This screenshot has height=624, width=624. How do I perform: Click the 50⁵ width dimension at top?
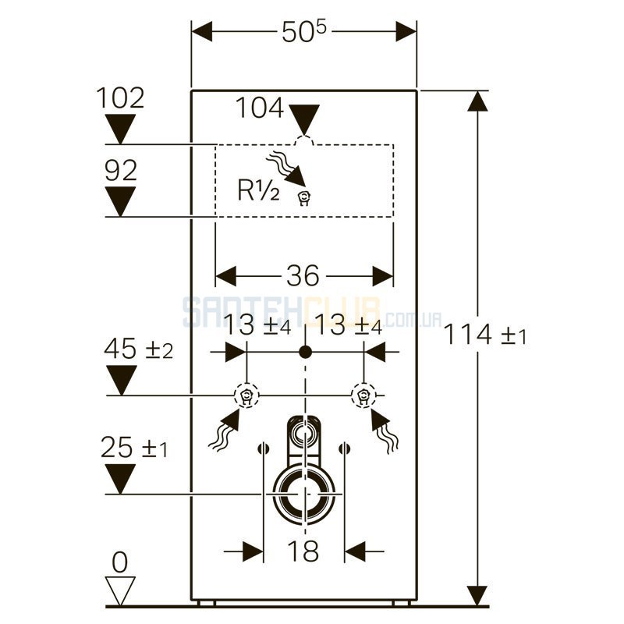click(x=303, y=31)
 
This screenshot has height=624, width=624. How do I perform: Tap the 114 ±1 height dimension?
click(x=484, y=335)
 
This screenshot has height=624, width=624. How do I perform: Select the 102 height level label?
click(x=120, y=98)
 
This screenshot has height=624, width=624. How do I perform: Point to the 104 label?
click(x=260, y=108)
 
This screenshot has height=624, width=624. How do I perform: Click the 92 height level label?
click(x=121, y=170)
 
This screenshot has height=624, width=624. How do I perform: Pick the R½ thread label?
click(x=258, y=190)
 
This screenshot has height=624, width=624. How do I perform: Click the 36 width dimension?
click(x=303, y=275)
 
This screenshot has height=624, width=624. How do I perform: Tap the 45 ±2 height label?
click(x=138, y=349)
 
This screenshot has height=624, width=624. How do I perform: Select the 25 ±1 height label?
click(x=133, y=447)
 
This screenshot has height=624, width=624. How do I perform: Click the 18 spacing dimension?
click(x=303, y=551)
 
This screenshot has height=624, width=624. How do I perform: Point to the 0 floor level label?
click(x=120, y=562)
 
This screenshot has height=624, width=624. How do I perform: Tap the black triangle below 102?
click(x=120, y=129)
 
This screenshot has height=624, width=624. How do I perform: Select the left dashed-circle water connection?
click(x=246, y=395)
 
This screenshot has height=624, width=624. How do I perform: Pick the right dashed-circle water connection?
click(x=363, y=395)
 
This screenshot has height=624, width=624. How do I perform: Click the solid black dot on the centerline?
click(x=305, y=352)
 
